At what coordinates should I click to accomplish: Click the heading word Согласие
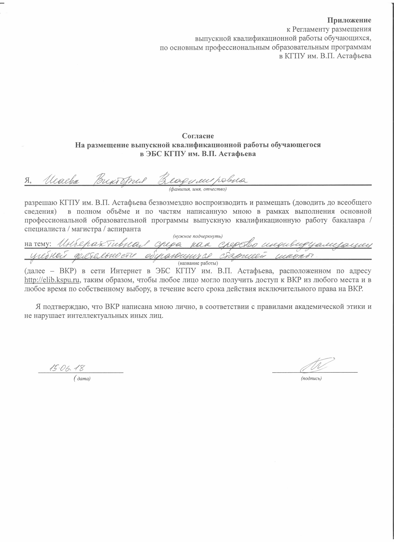pyautogui.click(x=198, y=136)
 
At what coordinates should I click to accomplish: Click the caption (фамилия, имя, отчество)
pyautogui.click(x=198, y=189)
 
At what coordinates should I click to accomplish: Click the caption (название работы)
pyautogui.click(x=198, y=263)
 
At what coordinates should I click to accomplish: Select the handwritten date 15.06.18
pyautogui.click(x=68, y=368)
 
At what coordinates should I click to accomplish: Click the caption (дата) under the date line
pyautogui.click(x=82, y=379)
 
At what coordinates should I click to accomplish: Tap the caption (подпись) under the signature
pyautogui.click(x=311, y=379)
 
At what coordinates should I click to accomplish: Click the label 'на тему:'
pyautogui.click(x=38, y=244)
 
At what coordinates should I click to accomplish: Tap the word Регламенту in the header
pyautogui.click(x=310, y=29)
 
